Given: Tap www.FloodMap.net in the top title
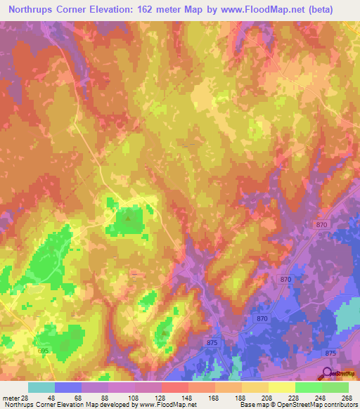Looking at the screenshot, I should pos(274,10).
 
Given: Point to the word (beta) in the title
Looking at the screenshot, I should pos(333,10).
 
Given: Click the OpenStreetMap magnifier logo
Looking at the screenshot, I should pos(327,373).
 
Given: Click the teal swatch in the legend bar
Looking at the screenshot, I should pos(41,388).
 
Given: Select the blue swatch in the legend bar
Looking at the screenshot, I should pos(68,388).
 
